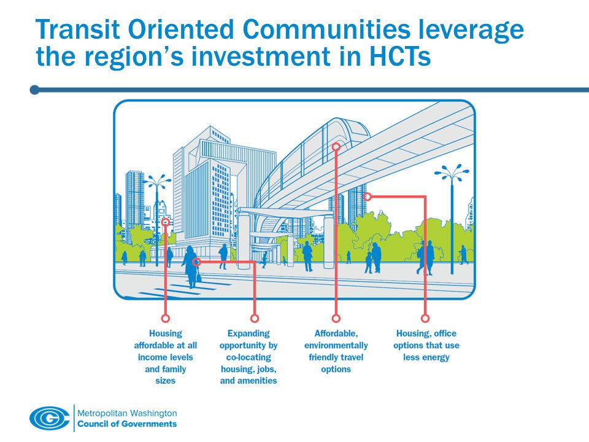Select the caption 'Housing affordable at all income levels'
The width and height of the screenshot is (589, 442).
click(x=165, y=357)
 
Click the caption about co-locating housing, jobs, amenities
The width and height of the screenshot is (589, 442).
click(x=248, y=357)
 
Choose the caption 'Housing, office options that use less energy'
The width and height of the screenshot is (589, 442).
click(x=426, y=345)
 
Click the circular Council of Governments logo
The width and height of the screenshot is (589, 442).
click(x=50, y=419)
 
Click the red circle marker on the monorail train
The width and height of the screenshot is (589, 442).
click(x=336, y=147)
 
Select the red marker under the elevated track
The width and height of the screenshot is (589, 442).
click(x=368, y=196)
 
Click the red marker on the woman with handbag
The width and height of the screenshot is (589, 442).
click(x=196, y=262)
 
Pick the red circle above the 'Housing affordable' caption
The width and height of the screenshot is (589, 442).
click(x=165, y=318)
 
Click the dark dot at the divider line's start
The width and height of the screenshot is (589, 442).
click(x=34, y=90)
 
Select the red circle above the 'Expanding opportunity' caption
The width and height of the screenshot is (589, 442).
click(x=255, y=318)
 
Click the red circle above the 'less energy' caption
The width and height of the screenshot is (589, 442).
click(x=425, y=318)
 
